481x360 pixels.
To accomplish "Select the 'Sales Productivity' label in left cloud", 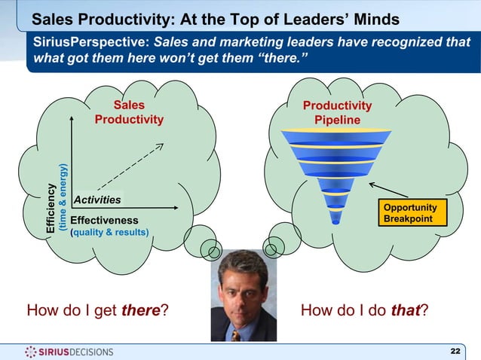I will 129,113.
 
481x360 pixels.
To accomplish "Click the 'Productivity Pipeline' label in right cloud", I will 337,114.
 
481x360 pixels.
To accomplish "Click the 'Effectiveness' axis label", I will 104,220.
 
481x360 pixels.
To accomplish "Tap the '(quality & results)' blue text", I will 109,232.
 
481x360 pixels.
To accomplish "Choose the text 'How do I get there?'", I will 97,310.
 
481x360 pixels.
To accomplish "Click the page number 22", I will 455,352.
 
